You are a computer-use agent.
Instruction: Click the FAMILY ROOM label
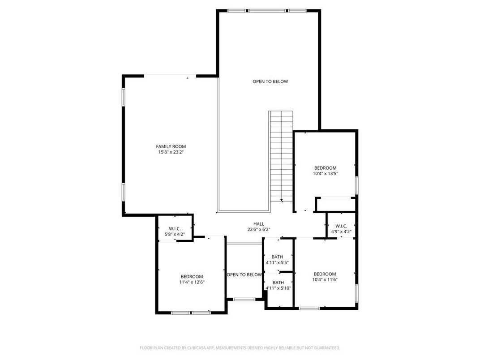pyautogui.click(x=171, y=146)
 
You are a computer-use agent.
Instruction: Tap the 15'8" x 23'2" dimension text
pyautogui.click(x=171, y=152)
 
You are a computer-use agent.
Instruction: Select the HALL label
pyautogui.click(x=259, y=224)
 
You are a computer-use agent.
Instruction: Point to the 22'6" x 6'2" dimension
pyautogui.click(x=259, y=230)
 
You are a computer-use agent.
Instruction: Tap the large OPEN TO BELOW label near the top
pyautogui.click(x=270, y=81)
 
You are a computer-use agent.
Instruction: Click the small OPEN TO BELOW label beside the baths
pyautogui.click(x=244, y=274)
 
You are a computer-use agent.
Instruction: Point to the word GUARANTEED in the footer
pyautogui.click(x=324, y=348)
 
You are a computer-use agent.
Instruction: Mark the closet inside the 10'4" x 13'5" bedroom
pyautogui.click(x=335, y=205)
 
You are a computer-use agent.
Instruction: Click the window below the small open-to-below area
pyautogui.click(x=244, y=299)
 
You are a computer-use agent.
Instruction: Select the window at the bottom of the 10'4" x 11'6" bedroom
pyautogui.click(x=309, y=308)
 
